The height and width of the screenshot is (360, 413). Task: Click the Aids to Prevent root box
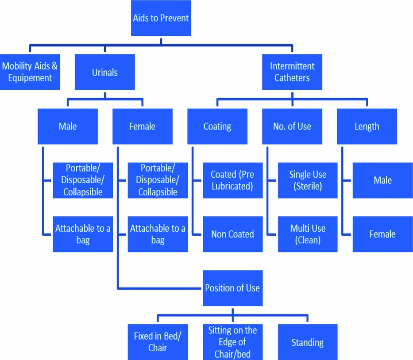point(161,18)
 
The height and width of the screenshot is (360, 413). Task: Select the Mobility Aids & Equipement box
point(30,72)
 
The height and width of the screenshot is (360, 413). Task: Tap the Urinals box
point(104,72)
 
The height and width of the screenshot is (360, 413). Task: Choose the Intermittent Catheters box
point(292,72)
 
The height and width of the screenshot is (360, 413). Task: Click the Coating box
point(217,126)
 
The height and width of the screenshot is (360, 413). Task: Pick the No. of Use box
point(292,126)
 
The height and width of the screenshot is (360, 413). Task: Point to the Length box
point(367,126)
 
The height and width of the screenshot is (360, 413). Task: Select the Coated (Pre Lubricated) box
point(232,180)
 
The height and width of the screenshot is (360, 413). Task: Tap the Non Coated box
point(232,234)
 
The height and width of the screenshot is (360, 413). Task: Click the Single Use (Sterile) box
point(307,180)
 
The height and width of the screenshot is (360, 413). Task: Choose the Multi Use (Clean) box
point(307,234)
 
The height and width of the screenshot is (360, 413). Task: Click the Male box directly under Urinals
point(67,126)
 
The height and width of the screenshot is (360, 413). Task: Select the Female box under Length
point(382,234)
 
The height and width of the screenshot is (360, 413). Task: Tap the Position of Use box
point(232,288)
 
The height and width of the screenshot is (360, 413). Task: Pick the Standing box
point(307,342)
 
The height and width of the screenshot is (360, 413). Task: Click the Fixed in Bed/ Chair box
point(158,342)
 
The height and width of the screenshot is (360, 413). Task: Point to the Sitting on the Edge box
point(232,342)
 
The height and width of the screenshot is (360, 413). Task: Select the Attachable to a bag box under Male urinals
point(83,234)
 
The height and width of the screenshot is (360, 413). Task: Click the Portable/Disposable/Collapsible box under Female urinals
point(158,180)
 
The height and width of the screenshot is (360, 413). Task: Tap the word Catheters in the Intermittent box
point(292,78)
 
